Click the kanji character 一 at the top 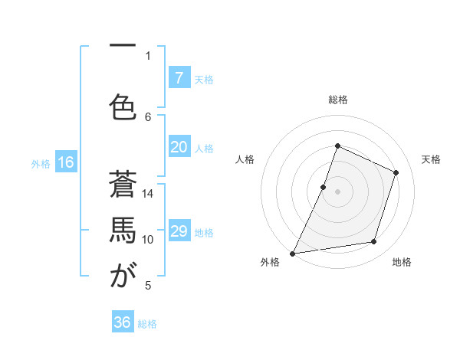pyautogui.click(x=118, y=47)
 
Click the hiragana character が pyautogui.click(x=119, y=276)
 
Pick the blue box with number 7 pyautogui.click(x=179, y=78)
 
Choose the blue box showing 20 pyautogui.click(x=179, y=147)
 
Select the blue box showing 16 pyautogui.click(x=66, y=162)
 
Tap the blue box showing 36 pyautogui.click(x=123, y=322)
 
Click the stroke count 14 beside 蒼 pyautogui.click(x=148, y=194)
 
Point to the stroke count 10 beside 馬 pyautogui.click(x=148, y=239)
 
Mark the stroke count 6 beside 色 pyautogui.click(x=148, y=116)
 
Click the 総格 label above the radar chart pyautogui.click(x=338, y=100)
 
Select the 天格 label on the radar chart pyautogui.click(x=431, y=159)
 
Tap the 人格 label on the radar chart pyautogui.click(x=245, y=159)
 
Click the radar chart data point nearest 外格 pyautogui.click(x=292, y=253)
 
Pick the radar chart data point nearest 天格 pyautogui.click(x=396, y=172)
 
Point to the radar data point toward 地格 pyautogui.click(x=374, y=242)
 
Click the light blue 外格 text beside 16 pyautogui.click(x=40, y=163)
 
